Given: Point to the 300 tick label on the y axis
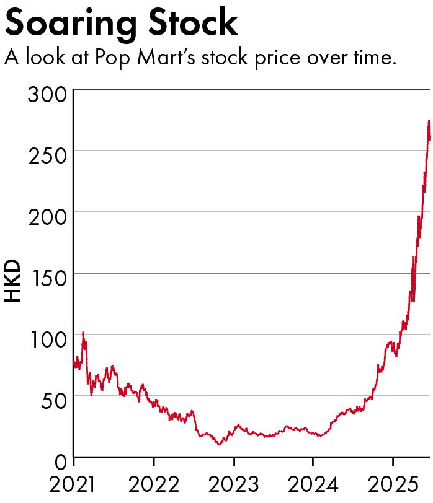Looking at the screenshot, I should (x=48, y=96).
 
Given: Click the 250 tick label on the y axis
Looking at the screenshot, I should (x=48, y=156).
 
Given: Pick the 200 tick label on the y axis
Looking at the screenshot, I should (x=48, y=217).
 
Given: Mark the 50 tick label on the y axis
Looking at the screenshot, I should (x=55, y=401).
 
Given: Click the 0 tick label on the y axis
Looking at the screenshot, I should (x=61, y=463).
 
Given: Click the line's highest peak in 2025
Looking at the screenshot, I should (x=429, y=121).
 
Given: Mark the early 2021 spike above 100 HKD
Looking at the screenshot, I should (x=83, y=333).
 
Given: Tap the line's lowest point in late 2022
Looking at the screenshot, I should (x=219, y=444).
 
